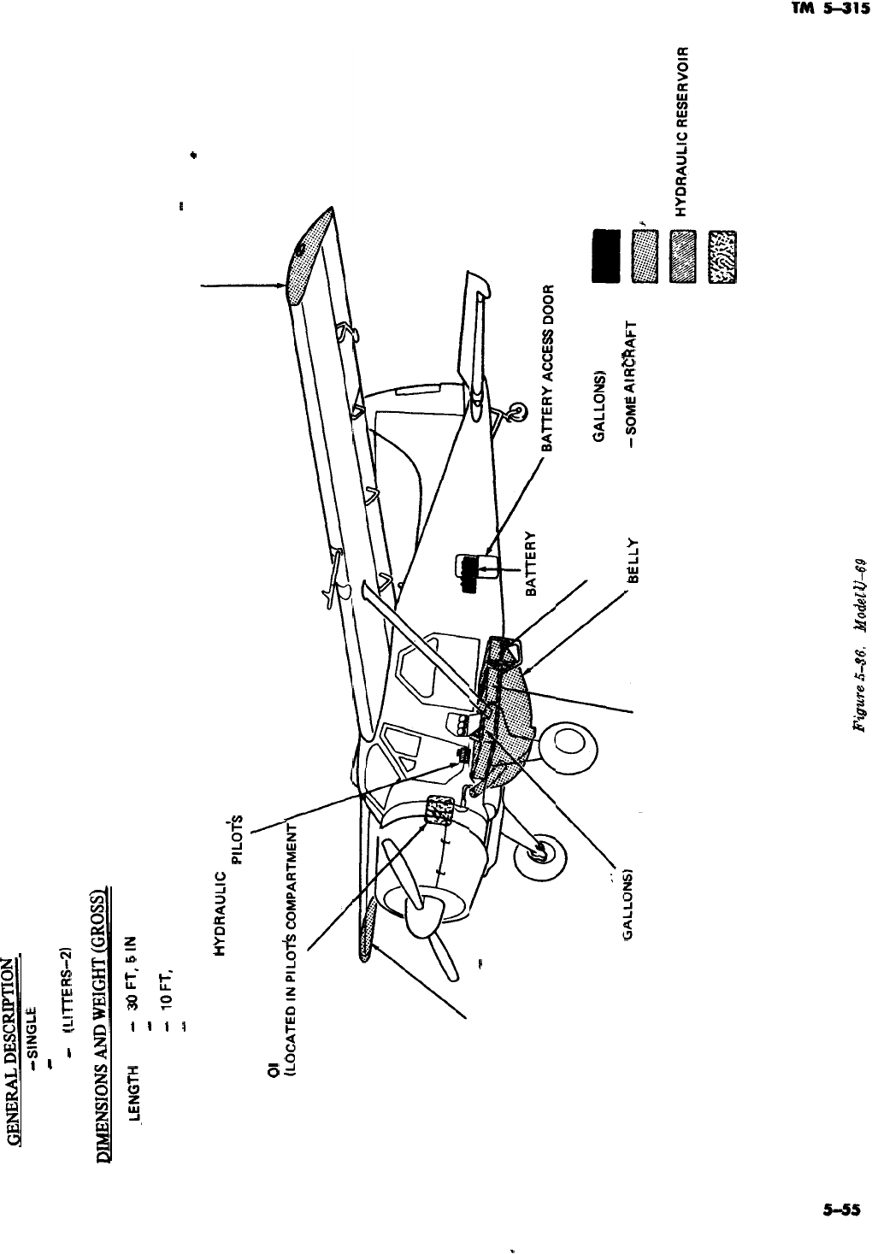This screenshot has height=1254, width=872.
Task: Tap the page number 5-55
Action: point(840,1210)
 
